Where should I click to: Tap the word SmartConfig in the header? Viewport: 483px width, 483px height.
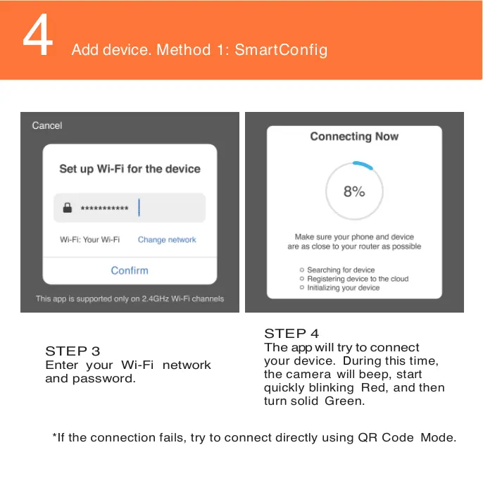tap(281, 50)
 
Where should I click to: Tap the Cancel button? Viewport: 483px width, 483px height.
tap(47, 125)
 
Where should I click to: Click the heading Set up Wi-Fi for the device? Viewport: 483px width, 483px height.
tap(130, 169)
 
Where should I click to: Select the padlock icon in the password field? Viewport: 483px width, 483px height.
tap(68, 208)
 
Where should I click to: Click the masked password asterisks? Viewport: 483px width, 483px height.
tap(104, 209)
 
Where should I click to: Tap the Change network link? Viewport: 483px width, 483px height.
tap(167, 240)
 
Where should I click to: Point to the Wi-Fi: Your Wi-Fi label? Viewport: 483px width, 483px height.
tap(89, 240)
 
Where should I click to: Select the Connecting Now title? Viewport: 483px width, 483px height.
tap(354, 137)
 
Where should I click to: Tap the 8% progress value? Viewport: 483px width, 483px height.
tap(354, 192)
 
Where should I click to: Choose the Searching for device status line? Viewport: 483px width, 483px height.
tap(341, 270)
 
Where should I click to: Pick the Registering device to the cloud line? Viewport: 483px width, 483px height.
tap(357, 279)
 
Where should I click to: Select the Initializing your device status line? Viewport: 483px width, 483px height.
tap(343, 288)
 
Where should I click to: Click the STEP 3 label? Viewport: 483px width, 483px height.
tap(73, 351)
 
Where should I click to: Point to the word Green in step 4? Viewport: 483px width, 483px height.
tap(344, 401)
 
